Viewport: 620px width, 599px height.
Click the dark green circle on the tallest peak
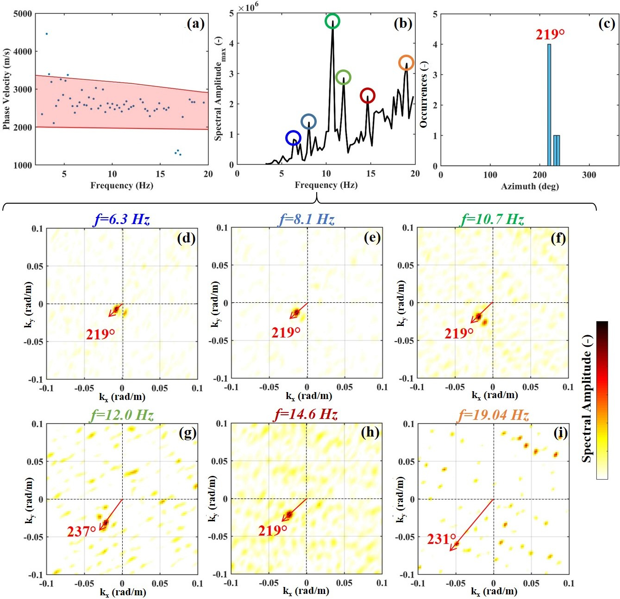click(332, 21)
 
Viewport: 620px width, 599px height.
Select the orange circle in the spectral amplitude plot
click(406, 62)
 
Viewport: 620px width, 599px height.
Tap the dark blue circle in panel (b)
click(293, 137)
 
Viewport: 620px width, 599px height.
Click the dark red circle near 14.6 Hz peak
click(367, 96)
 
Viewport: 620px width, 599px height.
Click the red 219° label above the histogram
click(550, 35)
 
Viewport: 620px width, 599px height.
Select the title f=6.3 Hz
click(122, 219)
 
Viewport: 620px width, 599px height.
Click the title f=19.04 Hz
click(494, 415)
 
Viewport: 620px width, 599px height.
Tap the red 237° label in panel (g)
click(81, 531)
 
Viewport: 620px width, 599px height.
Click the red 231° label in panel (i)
click(441, 539)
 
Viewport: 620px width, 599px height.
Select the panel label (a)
click(195, 23)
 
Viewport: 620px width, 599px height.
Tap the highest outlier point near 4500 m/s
click(46, 34)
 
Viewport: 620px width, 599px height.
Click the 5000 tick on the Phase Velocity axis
click(23, 14)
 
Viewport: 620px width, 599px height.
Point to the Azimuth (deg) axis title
click(530, 186)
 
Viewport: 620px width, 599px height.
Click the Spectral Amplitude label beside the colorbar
click(587, 399)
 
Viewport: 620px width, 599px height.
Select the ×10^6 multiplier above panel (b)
click(248, 7)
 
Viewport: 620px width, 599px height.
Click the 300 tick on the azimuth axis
click(589, 175)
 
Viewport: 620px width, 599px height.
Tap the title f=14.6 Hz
click(306, 414)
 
